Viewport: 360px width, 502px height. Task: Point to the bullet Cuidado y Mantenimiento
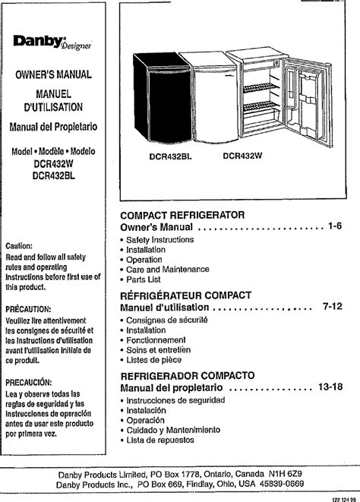click(x=173, y=430)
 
